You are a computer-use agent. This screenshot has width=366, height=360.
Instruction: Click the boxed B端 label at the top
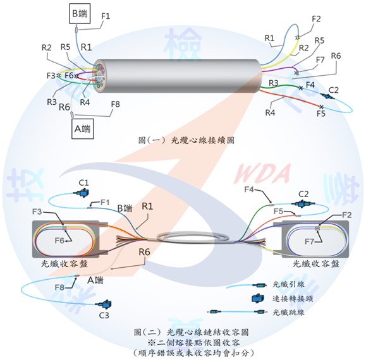(80, 13)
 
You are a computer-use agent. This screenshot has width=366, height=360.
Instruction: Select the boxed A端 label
(82, 129)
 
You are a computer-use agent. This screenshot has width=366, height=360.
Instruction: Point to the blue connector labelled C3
(104, 304)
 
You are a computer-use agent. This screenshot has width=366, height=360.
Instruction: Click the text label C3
(104, 315)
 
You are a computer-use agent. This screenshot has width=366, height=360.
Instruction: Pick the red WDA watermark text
(262, 173)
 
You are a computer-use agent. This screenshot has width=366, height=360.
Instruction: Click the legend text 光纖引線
(288, 284)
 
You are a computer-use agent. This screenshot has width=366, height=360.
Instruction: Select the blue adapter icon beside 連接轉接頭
(258, 298)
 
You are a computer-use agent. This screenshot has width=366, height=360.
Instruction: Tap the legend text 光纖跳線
(288, 312)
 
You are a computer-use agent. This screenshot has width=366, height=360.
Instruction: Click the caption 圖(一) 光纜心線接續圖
(186, 140)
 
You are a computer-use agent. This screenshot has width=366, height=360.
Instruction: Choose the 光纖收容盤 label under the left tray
(64, 264)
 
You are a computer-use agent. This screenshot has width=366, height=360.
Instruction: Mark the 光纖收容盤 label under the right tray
(316, 264)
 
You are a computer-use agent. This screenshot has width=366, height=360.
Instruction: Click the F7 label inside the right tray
(309, 241)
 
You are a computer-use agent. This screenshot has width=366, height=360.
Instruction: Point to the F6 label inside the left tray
(59, 241)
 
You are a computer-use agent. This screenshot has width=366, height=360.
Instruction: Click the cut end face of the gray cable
(99, 76)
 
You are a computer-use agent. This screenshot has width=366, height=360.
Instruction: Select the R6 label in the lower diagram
(144, 252)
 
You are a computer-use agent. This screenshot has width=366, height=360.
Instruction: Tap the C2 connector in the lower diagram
(302, 204)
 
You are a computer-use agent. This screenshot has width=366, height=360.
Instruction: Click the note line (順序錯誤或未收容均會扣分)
(193, 353)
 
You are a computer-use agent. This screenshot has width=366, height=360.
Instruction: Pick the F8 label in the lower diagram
(59, 287)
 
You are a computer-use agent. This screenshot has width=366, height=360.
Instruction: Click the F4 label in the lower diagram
(249, 189)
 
